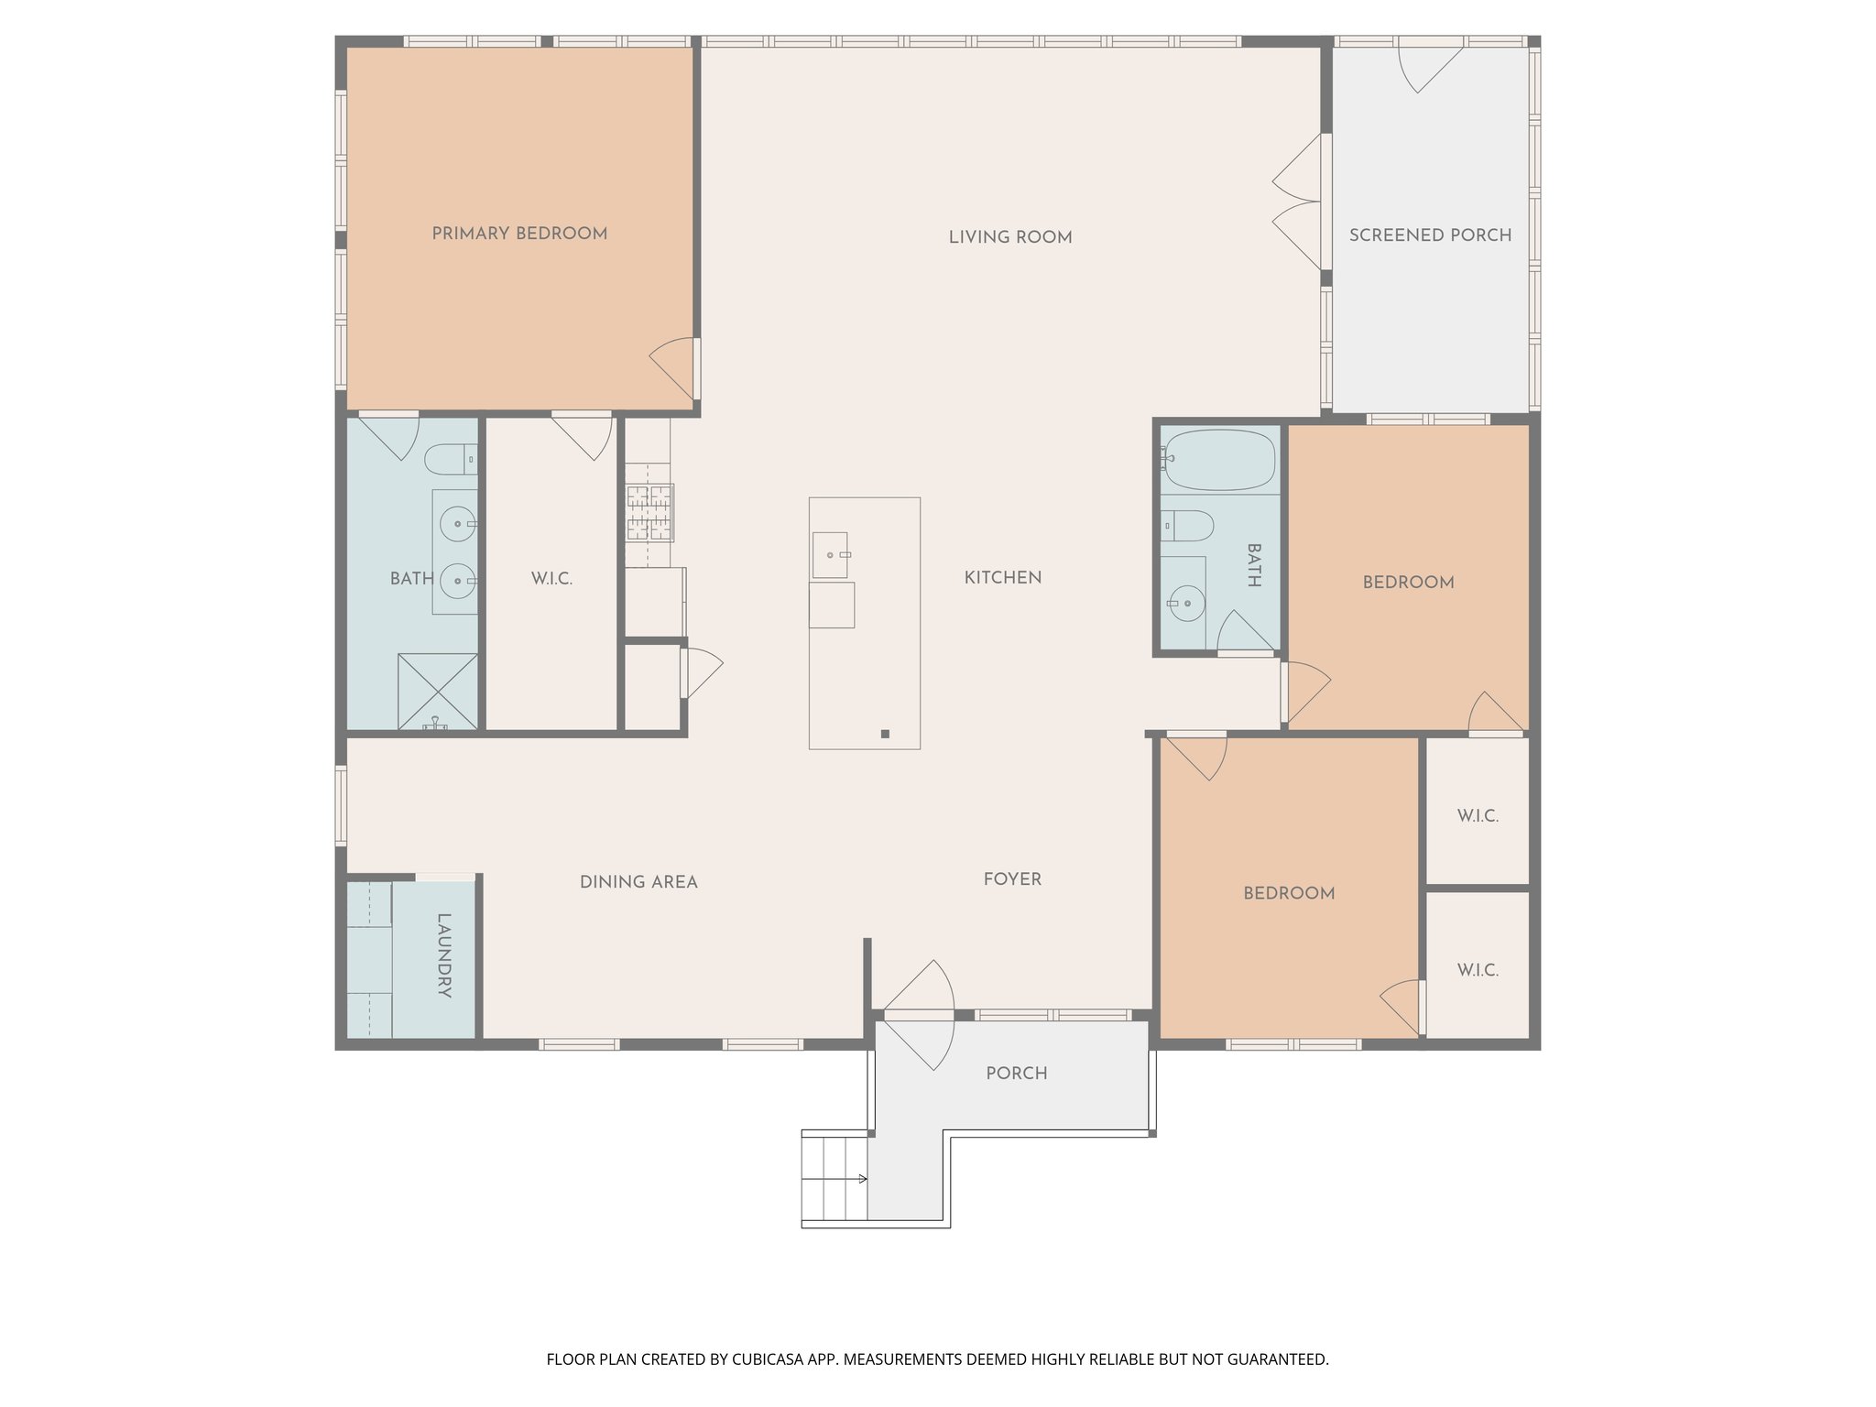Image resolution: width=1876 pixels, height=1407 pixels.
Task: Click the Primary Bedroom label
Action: click(x=519, y=234)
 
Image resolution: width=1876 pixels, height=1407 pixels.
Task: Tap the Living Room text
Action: click(x=1009, y=237)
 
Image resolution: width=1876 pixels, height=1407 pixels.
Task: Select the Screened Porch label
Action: click(x=1430, y=235)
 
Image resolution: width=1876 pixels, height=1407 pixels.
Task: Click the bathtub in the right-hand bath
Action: click(x=1219, y=460)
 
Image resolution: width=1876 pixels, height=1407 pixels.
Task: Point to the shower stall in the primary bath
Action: click(x=437, y=691)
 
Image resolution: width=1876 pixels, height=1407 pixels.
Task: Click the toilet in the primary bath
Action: click(x=451, y=459)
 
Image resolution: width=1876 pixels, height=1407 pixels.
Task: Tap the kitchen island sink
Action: click(x=830, y=555)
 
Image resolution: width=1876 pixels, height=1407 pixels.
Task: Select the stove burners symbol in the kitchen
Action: click(x=649, y=513)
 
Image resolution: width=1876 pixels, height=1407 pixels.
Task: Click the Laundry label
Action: click(x=444, y=954)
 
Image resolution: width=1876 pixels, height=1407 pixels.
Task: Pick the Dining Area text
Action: click(x=638, y=882)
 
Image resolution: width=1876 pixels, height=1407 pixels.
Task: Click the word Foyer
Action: click(x=1012, y=879)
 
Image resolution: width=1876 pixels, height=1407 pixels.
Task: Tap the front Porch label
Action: click(x=1016, y=1073)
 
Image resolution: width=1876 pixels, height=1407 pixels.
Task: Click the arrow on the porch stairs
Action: click(x=862, y=1178)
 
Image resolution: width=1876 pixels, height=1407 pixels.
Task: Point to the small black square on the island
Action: click(x=885, y=734)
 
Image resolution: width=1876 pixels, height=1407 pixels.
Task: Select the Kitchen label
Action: click(x=1002, y=578)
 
